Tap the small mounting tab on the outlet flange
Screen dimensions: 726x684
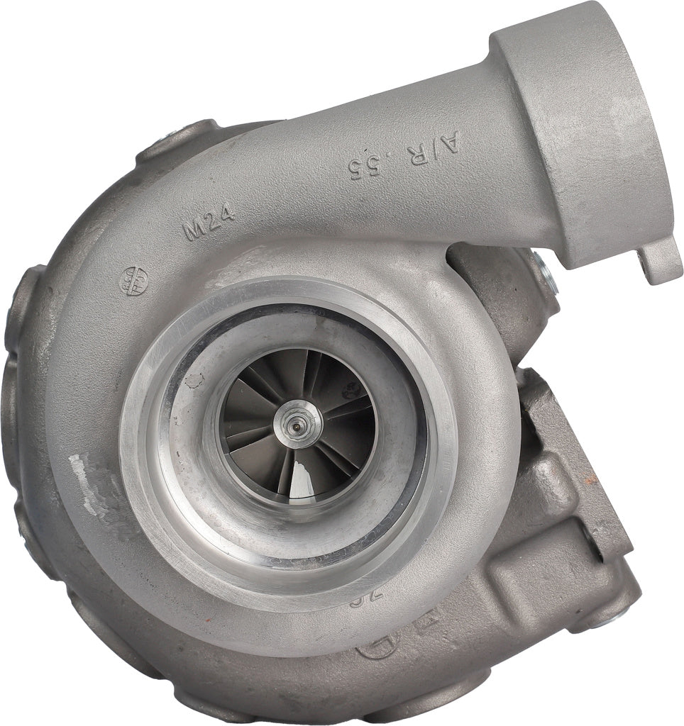click(x=660, y=262)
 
